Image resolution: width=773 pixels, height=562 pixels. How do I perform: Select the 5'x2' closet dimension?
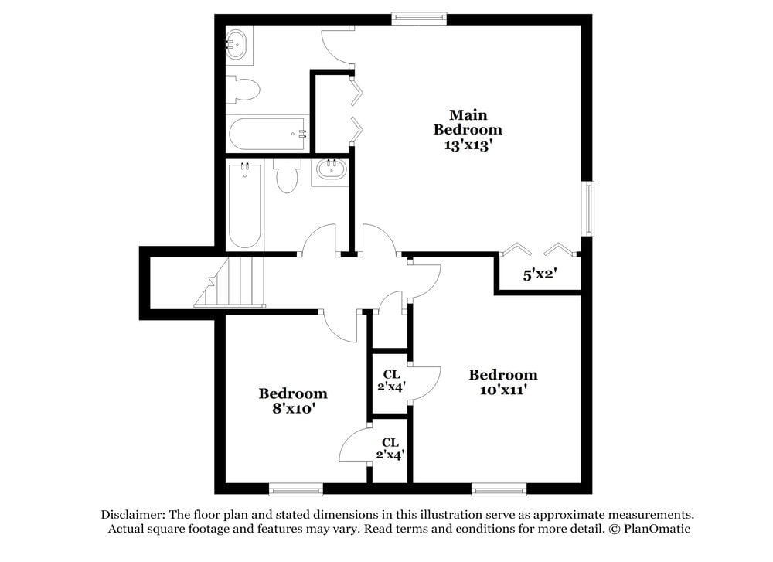[540, 274]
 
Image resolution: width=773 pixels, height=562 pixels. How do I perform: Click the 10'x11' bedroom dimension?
[503, 390]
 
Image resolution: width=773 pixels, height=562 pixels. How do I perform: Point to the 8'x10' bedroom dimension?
[292, 408]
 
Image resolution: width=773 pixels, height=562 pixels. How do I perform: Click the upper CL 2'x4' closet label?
[391, 380]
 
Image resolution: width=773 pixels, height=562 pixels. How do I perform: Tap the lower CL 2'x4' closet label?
[390, 448]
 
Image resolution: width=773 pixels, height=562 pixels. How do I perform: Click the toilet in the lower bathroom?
[287, 177]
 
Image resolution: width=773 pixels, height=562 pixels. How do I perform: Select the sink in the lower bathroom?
[332, 171]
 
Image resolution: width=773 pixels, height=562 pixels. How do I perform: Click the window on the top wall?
[419, 18]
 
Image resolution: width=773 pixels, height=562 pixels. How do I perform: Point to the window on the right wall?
[589, 208]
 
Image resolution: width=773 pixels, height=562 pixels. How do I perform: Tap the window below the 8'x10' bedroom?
[296, 489]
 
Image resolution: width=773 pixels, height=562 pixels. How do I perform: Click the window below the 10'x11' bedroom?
[499, 489]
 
